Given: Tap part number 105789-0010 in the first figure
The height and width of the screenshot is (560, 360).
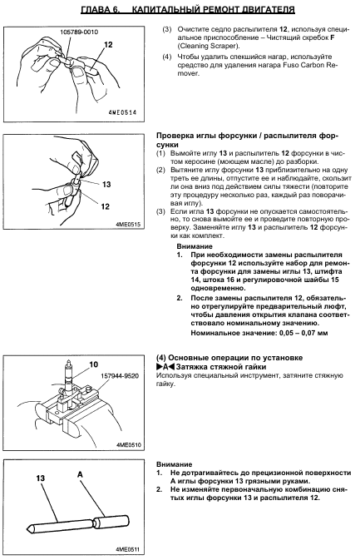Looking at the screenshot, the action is tap(79, 32).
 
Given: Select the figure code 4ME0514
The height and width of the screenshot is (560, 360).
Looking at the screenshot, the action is tap(122, 112).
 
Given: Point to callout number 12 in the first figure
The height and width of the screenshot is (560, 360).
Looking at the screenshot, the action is tap(108, 45).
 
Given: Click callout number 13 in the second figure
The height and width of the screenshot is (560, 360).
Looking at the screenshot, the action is tap(106, 184).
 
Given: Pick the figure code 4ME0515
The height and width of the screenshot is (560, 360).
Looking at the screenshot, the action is tap(128, 225).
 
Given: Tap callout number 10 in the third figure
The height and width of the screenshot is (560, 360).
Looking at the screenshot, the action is tap(93, 364).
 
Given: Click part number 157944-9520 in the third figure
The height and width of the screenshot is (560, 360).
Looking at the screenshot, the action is tap(120, 376).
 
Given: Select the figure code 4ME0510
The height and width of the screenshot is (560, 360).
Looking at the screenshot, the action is tap(128, 445).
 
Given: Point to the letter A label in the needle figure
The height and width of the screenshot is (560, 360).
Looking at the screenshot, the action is tap(80, 474).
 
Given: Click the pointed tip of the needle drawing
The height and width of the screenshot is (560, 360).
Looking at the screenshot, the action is tap(27, 528).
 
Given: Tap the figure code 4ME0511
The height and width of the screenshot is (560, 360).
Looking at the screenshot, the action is tap(128, 549).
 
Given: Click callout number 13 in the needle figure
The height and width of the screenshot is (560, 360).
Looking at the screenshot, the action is tap(40, 478).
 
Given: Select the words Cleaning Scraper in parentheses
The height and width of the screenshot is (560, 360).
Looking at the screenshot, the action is tap(207, 46).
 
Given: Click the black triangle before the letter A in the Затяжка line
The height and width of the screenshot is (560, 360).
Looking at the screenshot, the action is tap(159, 366).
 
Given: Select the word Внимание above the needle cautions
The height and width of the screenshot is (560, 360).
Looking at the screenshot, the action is tap(174, 464).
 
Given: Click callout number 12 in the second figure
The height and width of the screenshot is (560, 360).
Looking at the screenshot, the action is tap(105, 206).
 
